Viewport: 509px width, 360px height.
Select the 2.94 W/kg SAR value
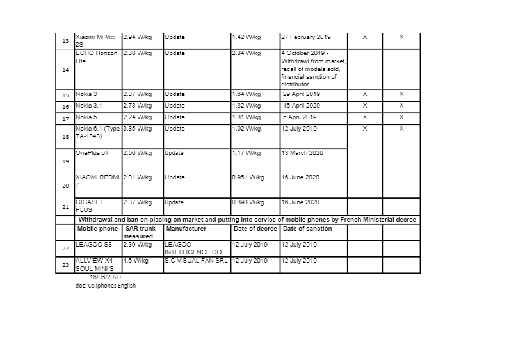[x=136, y=37]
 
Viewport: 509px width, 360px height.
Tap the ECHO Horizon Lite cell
[x=96, y=57]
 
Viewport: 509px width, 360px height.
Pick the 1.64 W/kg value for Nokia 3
[x=246, y=94]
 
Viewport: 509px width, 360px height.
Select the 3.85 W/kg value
[x=136, y=129]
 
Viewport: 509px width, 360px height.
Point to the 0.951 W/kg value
[x=248, y=177]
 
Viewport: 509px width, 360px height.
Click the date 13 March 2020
[x=302, y=153]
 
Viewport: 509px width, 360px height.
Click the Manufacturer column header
[x=186, y=229]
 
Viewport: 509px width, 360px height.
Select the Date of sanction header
[x=307, y=229]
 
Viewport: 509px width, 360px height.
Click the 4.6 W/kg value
[x=135, y=261]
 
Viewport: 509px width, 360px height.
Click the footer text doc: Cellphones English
[x=106, y=286]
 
